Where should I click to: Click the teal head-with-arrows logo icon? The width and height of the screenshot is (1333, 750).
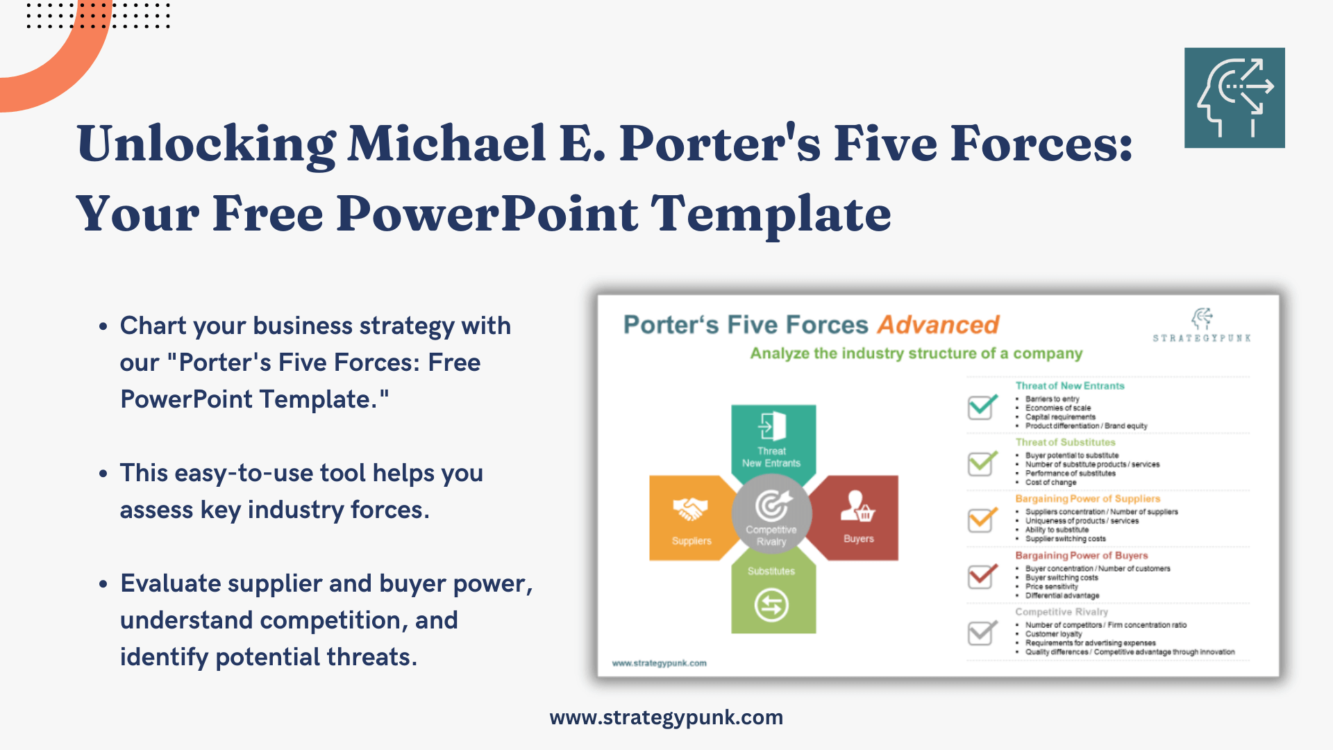pyautogui.click(x=1234, y=98)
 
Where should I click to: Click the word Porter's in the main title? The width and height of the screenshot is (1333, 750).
pyautogui.click(x=719, y=144)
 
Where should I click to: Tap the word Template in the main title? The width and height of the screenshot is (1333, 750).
pyautogui.click(x=771, y=214)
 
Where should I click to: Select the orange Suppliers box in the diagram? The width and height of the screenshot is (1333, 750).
pyautogui.click(x=687, y=518)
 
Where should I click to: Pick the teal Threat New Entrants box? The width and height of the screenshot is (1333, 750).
pyautogui.click(x=773, y=437)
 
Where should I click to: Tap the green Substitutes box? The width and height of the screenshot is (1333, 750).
pyautogui.click(x=773, y=594)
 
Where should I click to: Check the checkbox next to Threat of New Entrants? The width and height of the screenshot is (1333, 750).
pyautogui.click(x=982, y=407)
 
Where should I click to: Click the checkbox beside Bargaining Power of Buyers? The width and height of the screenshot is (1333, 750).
pyautogui.click(x=982, y=576)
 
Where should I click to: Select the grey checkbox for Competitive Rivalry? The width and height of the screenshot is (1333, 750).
pyautogui.click(x=982, y=633)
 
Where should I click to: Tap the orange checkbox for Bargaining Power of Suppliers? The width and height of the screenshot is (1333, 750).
pyautogui.click(x=982, y=520)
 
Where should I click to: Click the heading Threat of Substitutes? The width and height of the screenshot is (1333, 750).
pyautogui.click(x=1065, y=442)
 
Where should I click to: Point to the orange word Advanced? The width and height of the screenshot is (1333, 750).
pyautogui.click(x=938, y=325)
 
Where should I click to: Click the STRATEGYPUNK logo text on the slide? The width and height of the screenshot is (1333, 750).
pyautogui.click(x=1202, y=338)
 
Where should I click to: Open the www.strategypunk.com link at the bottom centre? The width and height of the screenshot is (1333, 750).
pyautogui.click(x=666, y=717)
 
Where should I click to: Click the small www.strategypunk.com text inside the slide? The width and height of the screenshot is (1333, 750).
pyautogui.click(x=659, y=663)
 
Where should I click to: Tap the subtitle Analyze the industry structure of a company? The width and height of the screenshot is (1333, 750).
pyautogui.click(x=916, y=353)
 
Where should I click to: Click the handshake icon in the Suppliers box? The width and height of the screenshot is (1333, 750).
pyautogui.click(x=690, y=509)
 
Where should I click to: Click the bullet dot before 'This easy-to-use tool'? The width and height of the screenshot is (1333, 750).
pyautogui.click(x=103, y=474)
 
